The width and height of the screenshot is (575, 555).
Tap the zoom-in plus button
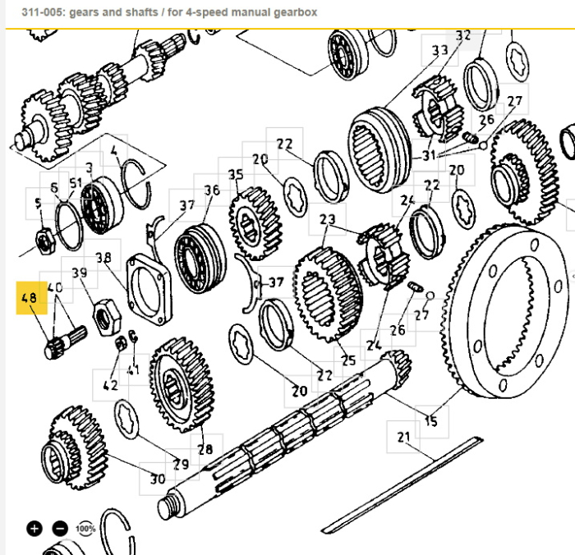coord(34,528)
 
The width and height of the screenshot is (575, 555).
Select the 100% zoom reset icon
coord(85,528)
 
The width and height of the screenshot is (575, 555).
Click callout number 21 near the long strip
coord(403,438)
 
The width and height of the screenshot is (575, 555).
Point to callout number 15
coord(431,421)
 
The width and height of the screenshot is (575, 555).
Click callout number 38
coord(103,257)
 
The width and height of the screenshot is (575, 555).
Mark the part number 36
coord(212,190)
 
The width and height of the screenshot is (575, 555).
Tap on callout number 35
coord(236,175)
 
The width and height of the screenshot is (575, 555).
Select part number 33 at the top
coord(440,50)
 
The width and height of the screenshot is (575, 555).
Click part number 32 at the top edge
coord(463,35)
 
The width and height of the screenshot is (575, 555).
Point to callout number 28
coord(205,449)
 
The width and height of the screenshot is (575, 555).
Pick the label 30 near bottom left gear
coord(157,479)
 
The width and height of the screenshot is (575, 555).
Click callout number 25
coord(348,360)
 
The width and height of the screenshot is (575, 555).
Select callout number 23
coord(327,220)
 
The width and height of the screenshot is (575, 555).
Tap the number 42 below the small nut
coord(109,384)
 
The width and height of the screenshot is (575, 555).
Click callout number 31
coord(430,156)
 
